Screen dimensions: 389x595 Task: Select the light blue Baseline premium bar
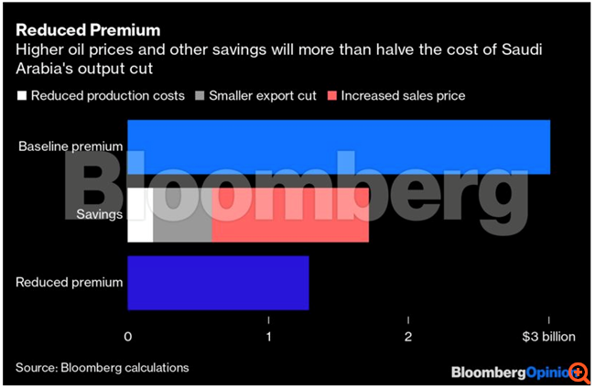(x=339, y=146)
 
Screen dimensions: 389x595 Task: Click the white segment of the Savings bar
(x=140, y=215)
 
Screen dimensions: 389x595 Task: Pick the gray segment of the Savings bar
(x=182, y=215)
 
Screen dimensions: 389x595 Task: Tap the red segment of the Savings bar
(x=289, y=215)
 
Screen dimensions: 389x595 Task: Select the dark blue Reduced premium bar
(x=218, y=283)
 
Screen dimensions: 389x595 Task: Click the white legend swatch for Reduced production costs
(x=21, y=96)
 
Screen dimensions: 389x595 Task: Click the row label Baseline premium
(x=70, y=146)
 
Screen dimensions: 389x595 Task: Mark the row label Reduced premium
(x=70, y=283)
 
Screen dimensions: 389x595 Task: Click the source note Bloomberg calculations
(x=102, y=368)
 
